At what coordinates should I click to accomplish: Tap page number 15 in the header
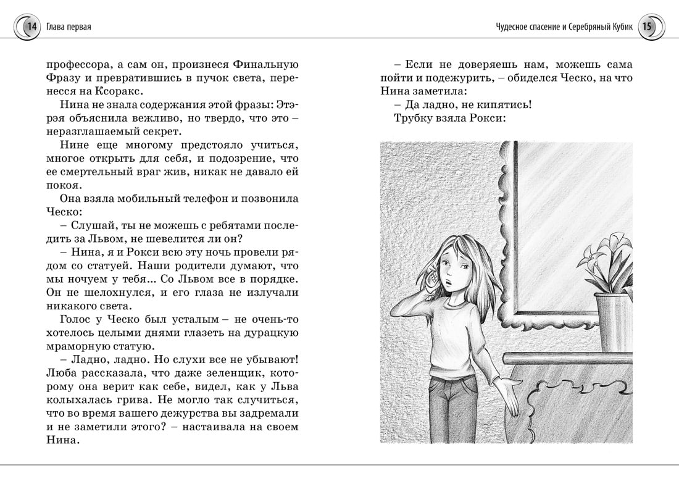[647, 27]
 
